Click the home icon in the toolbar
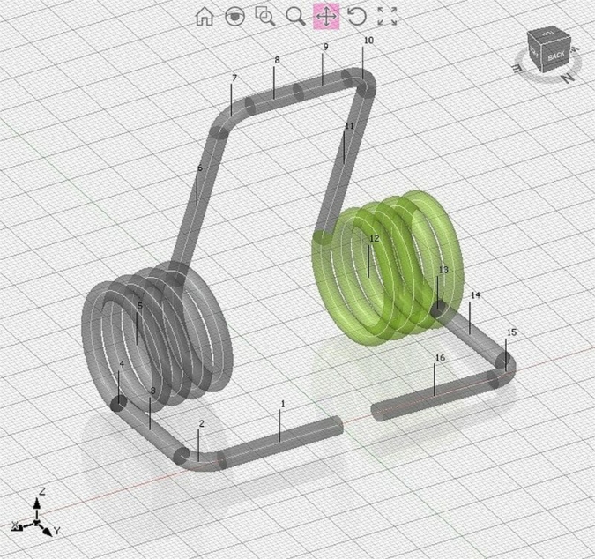tap(205, 16)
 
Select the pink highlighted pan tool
tap(327, 16)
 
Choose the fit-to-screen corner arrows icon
tap(387, 16)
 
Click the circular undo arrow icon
tap(357, 16)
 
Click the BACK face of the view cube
tap(555, 56)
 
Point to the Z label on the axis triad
tap(41, 490)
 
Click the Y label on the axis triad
tap(57, 531)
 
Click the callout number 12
tap(374, 239)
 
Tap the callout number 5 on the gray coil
tap(139, 306)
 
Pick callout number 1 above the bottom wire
tap(283, 404)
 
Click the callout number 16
tap(440, 358)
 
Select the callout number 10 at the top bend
tap(368, 41)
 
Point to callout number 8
tap(277, 60)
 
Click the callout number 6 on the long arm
tap(199, 168)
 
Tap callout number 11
tap(349, 126)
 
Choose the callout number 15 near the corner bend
tap(512, 332)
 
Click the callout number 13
tap(443, 270)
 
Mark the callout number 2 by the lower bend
tap(201, 424)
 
